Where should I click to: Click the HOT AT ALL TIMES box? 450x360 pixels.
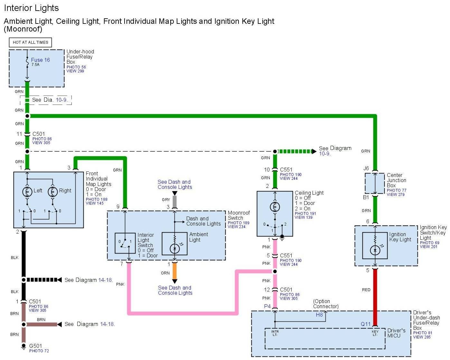coord(30,42)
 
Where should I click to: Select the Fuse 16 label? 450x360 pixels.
coord(40,60)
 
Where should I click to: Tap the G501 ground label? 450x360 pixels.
coord(36,346)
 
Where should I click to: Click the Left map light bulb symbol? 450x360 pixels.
coord(27,192)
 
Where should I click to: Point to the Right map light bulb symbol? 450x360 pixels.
coord(53,192)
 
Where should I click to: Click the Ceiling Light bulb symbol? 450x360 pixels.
coord(275,207)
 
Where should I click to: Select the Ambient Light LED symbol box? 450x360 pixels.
coord(174,244)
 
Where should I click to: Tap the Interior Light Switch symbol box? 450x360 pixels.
coord(125,243)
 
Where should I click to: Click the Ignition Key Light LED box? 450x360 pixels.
coord(375,245)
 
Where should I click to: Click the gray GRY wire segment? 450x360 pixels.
coord(175,202)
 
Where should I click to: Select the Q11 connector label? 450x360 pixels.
coord(366,324)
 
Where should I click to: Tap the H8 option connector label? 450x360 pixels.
coord(319,315)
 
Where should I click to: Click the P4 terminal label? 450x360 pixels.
coord(267,306)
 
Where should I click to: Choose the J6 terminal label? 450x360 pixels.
coord(366,168)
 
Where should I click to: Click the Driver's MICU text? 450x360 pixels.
coord(396,333)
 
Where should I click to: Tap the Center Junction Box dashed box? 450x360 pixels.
coord(375,183)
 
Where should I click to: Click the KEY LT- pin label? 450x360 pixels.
coord(375,333)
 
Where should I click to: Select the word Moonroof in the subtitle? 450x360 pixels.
coord(23,29)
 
